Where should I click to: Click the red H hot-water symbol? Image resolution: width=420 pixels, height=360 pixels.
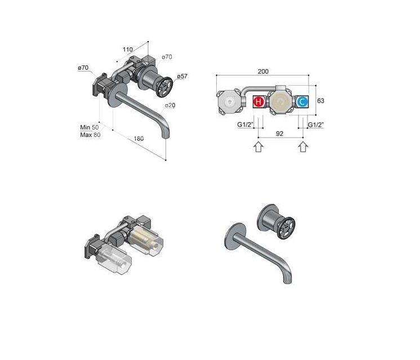click(258, 102)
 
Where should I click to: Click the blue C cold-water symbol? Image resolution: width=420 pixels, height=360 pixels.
click(302, 102)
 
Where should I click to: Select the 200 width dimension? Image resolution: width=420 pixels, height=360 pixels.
click(263, 72)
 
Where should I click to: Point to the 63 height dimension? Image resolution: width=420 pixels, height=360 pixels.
click(320, 101)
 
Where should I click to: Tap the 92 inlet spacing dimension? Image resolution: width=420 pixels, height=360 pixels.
click(279, 134)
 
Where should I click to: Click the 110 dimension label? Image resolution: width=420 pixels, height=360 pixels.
click(128, 50)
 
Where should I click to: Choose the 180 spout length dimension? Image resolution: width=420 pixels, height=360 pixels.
click(138, 139)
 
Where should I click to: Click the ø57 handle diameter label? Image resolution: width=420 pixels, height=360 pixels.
click(182, 77)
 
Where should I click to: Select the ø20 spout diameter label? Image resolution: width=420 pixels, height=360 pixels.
click(170, 105)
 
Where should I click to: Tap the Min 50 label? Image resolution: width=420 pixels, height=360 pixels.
click(90, 127)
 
